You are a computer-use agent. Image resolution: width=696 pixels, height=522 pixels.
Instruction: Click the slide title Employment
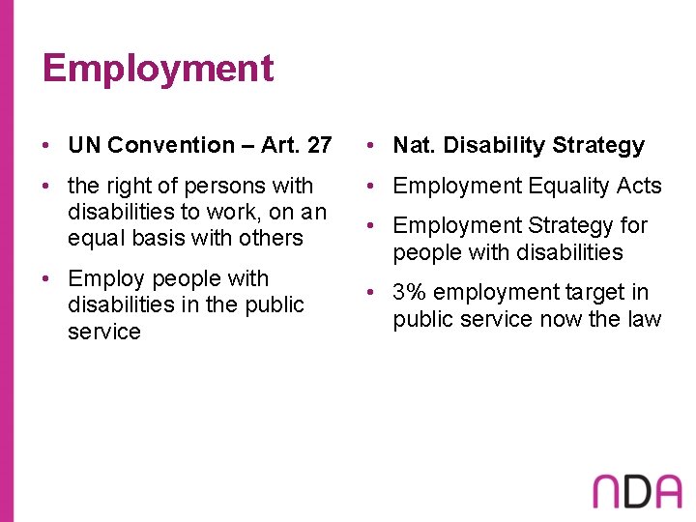click(x=158, y=70)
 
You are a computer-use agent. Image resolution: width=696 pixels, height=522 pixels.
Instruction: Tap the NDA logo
click(x=637, y=491)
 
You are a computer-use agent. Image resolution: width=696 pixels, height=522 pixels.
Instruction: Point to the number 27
click(x=318, y=146)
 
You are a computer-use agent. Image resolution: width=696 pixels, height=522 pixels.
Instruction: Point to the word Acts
click(x=639, y=186)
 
